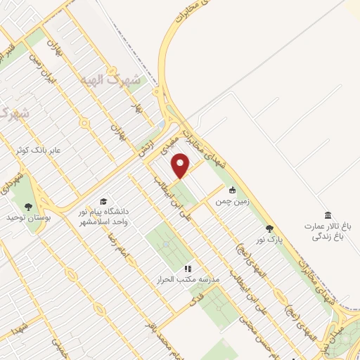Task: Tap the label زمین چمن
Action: pos(232,200)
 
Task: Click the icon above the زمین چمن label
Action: pos(232,189)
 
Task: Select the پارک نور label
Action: pos(269,239)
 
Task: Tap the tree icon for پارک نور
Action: pos(269,228)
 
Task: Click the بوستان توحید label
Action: pos(28,219)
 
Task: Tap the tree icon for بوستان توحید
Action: pos(28,207)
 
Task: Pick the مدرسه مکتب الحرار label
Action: pos(188,279)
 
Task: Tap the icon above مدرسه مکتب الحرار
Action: pos(188,268)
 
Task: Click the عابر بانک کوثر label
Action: pos(39,150)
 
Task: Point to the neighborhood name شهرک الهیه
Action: pos(110,79)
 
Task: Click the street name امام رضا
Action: pos(108,245)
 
